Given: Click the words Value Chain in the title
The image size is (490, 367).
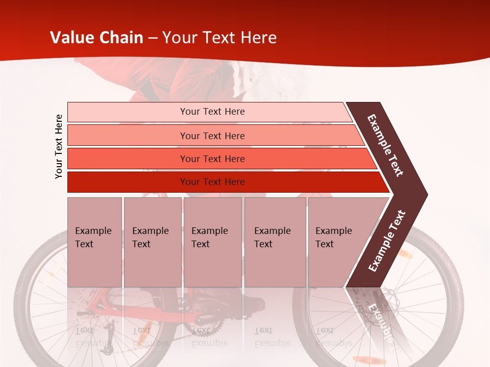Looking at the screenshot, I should click(x=96, y=38).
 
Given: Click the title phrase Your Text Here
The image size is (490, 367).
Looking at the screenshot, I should click(x=219, y=38).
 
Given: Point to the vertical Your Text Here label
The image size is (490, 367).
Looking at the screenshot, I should click(x=59, y=146).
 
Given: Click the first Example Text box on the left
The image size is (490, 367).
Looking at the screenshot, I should click(x=94, y=242).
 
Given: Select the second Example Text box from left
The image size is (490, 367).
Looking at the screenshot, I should click(x=152, y=242).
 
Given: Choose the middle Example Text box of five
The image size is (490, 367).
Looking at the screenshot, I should click(x=212, y=242).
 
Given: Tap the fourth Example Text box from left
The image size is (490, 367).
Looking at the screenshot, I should click(x=275, y=242).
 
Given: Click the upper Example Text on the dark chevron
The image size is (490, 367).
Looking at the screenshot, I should click(x=386, y=145).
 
